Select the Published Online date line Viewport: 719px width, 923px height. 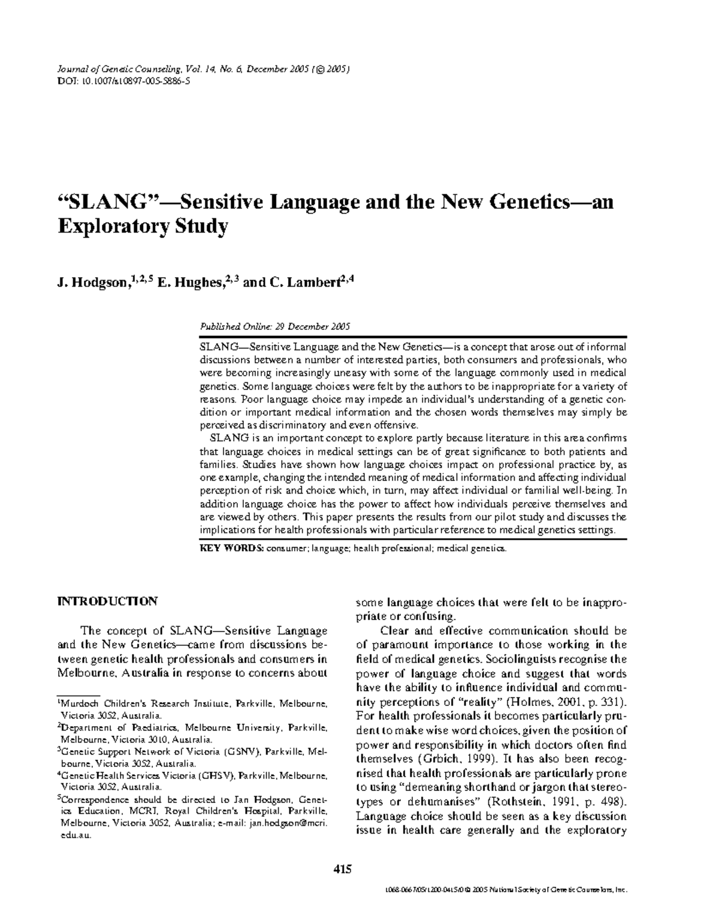(x=274, y=326)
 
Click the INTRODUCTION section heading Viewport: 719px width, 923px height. (x=107, y=601)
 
